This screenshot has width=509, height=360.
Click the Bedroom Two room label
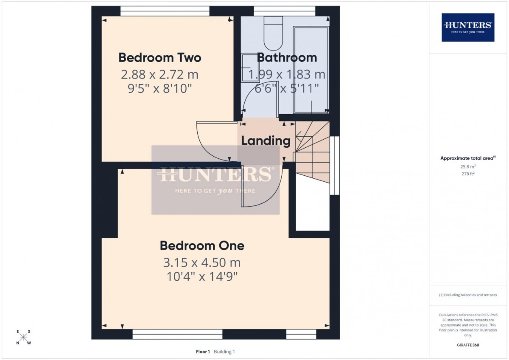click(x=160, y=58)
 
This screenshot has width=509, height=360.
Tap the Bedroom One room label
click(x=202, y=246)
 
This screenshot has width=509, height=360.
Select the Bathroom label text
click(x=287, y=58)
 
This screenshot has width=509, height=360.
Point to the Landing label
click(x=266, y=141)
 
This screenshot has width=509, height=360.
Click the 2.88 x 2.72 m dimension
click(x=159, y=75)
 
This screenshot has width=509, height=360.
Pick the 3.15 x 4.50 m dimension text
click(x=202, y=263)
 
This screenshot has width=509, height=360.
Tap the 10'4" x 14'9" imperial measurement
click(x=202, y=277)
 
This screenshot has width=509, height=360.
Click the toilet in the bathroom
click(x=273, y=33)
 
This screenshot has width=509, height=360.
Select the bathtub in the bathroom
click(x=311, y=70)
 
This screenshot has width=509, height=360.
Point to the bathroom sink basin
click(x=250, y=67)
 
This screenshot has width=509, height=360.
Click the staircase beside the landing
click(x=313, y=152)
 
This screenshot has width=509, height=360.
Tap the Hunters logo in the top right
click(x=468, y=28)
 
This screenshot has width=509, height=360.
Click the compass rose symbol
click(x=23, y=337)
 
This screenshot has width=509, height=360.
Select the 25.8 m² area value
click(x=468, y=166)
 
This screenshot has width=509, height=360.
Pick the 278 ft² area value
click(x=468, y=174)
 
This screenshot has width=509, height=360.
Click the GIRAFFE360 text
click(x=468, y=345)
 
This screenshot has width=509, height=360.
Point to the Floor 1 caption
click(x=203, y=352)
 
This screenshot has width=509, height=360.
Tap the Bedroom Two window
click(x=165, y=11)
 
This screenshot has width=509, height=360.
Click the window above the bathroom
click(x=285, y=11)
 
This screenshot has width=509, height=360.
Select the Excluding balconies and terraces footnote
click(x=468, y=295)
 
